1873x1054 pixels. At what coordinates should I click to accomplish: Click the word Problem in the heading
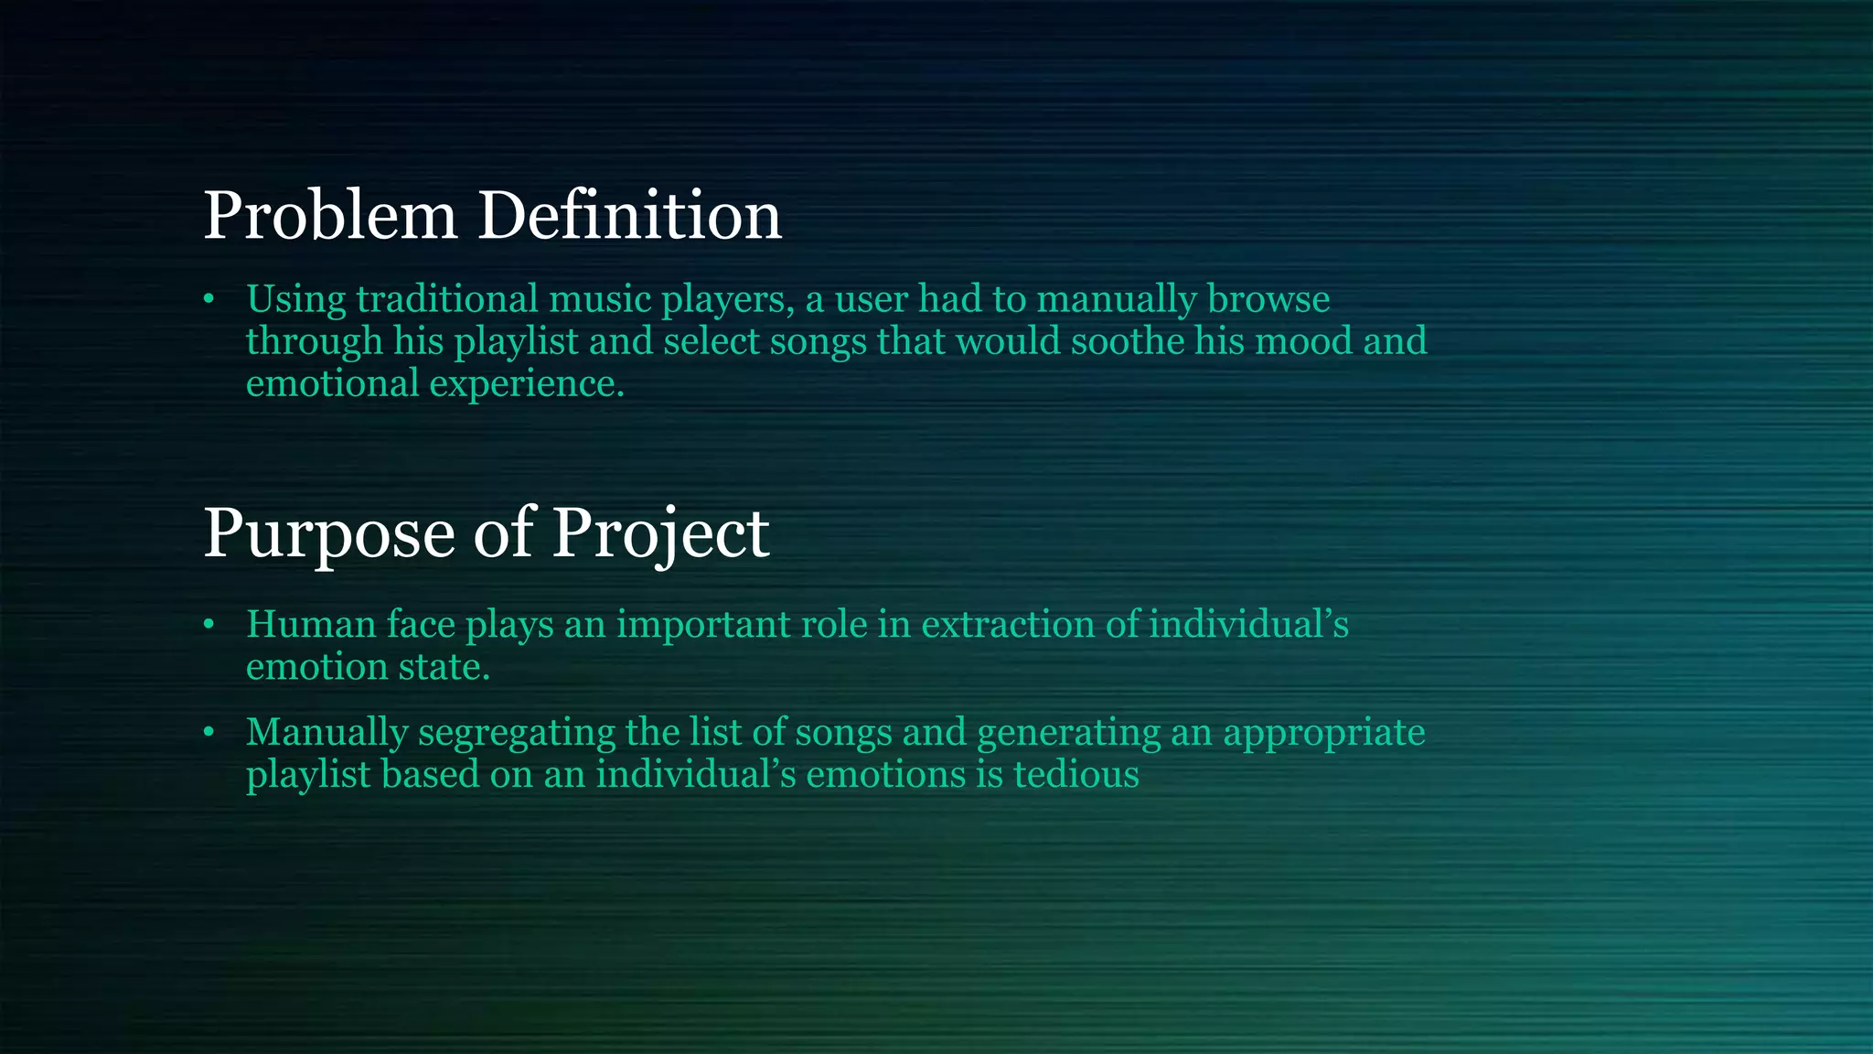tap(329, 217)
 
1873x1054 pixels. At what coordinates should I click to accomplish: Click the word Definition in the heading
tap(629, 217)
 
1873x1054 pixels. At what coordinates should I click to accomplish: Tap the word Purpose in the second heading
tap(328, 533)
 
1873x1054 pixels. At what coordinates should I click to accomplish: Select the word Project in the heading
tap(660, 533)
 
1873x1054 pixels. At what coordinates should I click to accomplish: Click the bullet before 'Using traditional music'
tap(209, 300)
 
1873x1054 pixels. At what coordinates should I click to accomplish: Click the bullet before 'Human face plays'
tap(209, 625)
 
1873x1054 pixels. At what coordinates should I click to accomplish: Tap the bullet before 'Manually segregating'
tap(209, 733)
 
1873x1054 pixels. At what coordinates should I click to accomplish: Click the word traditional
tap(447, 300)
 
